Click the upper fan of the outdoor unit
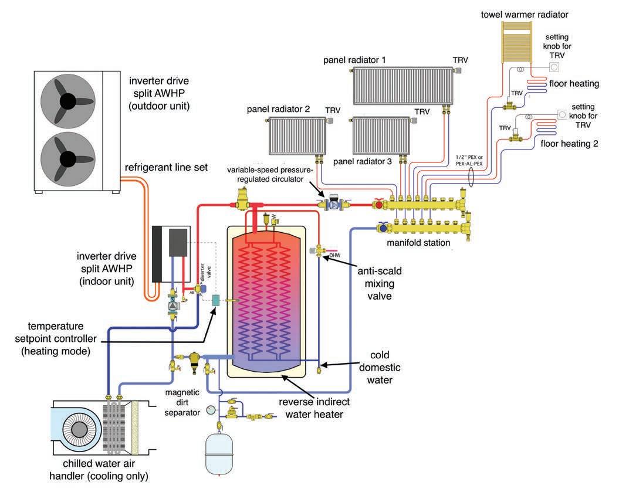coord(68,101)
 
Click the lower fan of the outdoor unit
coord(68,159)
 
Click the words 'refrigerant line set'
coord(166,167)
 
